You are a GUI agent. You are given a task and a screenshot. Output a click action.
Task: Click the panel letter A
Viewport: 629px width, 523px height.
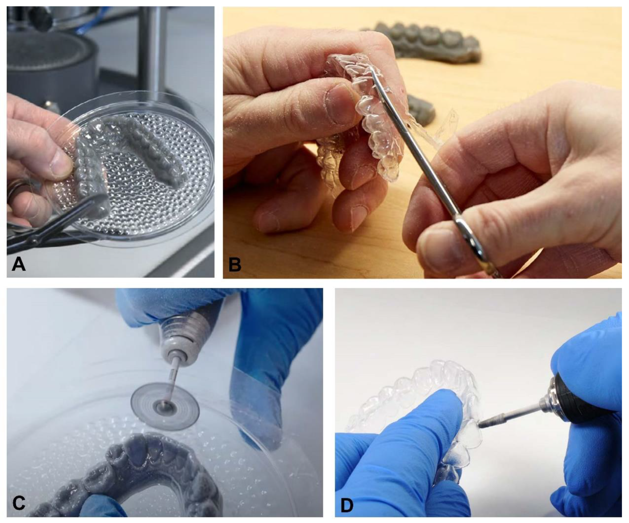point(19,264)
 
